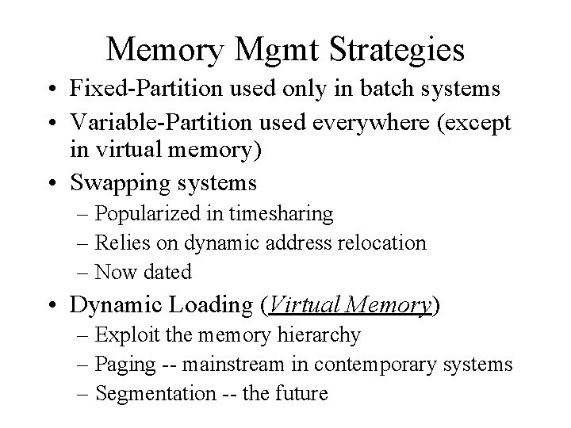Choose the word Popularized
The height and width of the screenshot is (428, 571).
click(147, 214)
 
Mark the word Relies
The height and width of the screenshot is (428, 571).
click(120, 243)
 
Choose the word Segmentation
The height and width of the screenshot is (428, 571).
click(149, 393)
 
